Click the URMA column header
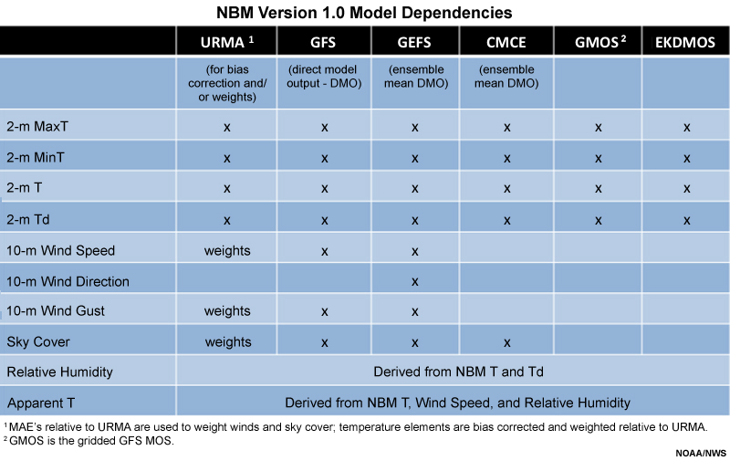click(226, 42)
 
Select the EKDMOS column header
click(685, 42)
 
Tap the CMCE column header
click(506, 42)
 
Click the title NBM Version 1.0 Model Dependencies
click(364, 13)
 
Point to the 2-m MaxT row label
click(37, 126)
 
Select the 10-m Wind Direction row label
click(68, 281)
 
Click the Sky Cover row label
click(38, 341)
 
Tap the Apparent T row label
click(41, 403)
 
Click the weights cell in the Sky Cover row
click(228, 341)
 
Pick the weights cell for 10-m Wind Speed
click(227, 250)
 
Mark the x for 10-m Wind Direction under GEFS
click(415, 282)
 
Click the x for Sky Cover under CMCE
click(507, 343)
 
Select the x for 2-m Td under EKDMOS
click(687, 220)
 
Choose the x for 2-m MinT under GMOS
click(599, 159)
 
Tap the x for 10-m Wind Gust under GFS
click(325, 311)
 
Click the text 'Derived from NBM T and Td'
click(459, 372)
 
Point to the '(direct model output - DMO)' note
click(324, 77)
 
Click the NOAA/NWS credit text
click(701, 453)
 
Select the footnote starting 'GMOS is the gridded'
click(89, 441)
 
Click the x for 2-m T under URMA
click(226, 189)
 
